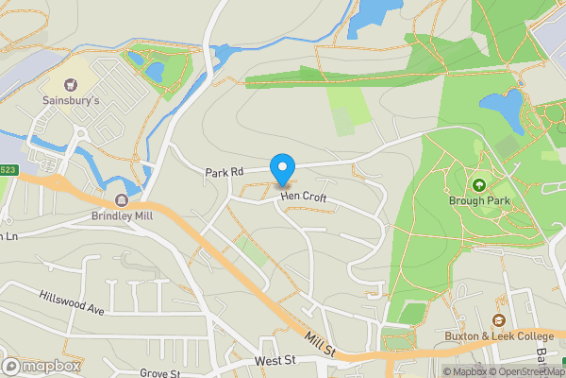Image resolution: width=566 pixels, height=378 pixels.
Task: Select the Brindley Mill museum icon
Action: click(x=122, y=200)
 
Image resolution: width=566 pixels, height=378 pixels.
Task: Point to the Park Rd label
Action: click(x=225, y=172)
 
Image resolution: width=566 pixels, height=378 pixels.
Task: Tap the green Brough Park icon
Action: click(x=479, y=185)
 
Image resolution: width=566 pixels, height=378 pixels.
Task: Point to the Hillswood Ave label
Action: click(x=71, y=301)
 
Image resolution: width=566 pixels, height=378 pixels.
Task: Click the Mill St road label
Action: click(x=321, y=342)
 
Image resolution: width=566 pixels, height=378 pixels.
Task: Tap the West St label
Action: click(x=275, y=361)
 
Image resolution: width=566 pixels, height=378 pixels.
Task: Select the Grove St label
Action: click(x=159, y=373)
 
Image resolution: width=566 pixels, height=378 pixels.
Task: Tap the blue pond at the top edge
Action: click(x=373, y=14)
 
